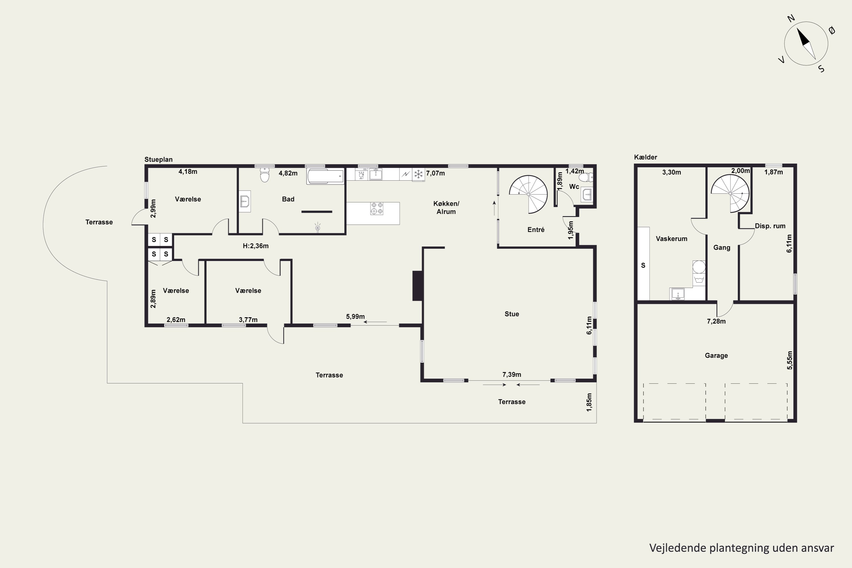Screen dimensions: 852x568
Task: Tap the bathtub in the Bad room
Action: [325, 176]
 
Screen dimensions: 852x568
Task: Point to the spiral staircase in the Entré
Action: [528, 195]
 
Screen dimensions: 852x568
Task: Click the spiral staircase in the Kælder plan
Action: [730, 193]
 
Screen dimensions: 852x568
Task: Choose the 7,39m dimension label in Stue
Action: [511, 375]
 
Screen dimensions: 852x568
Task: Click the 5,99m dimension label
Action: [355, 317]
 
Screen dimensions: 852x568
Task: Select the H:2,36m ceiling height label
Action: [256, 246]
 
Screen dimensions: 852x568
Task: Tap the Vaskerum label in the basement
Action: [672, 239]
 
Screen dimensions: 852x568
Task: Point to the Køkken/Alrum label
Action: [446, 208]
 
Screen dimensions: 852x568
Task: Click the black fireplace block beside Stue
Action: [417, 286]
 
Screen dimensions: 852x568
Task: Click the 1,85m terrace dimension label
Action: [589, 402]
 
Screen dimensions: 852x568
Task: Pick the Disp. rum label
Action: [770, 226]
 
